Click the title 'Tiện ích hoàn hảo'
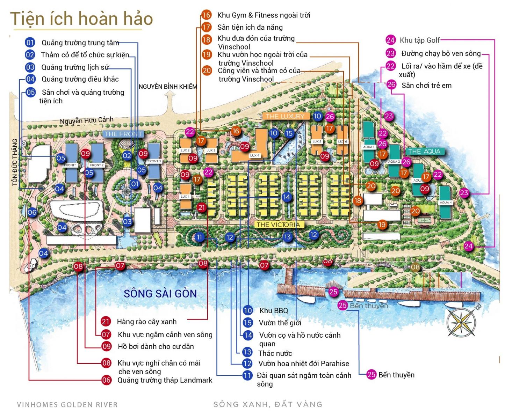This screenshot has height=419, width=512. [81, 19]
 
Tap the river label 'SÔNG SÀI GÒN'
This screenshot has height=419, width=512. [160, 293]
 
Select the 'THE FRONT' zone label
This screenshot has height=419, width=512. [123, 134]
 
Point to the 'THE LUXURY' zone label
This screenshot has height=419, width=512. [285, 116]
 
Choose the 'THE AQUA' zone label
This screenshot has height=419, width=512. [424, 152]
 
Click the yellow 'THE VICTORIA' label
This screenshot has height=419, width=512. [278, 225]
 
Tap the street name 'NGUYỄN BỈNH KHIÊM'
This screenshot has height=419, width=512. [168, 87]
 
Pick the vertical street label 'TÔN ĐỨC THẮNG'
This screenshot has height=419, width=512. [14, 162]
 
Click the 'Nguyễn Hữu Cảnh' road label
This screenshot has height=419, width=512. [87, 120]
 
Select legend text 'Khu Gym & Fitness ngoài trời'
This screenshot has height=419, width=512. [264, 15]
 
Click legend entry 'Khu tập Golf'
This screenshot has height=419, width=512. [419, 40]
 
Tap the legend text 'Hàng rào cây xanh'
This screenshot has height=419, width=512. [147, 322]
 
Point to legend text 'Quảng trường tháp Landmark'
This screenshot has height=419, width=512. [165, 380]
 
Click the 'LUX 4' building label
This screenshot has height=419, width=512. [254, 155]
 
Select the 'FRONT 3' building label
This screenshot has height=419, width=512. [154, 161]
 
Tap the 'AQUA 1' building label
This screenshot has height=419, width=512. [368, 147]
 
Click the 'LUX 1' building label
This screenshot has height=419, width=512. [185, 197]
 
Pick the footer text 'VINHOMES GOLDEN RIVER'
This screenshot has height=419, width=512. [67, 405]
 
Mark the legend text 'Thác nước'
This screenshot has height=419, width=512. [275, 353]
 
